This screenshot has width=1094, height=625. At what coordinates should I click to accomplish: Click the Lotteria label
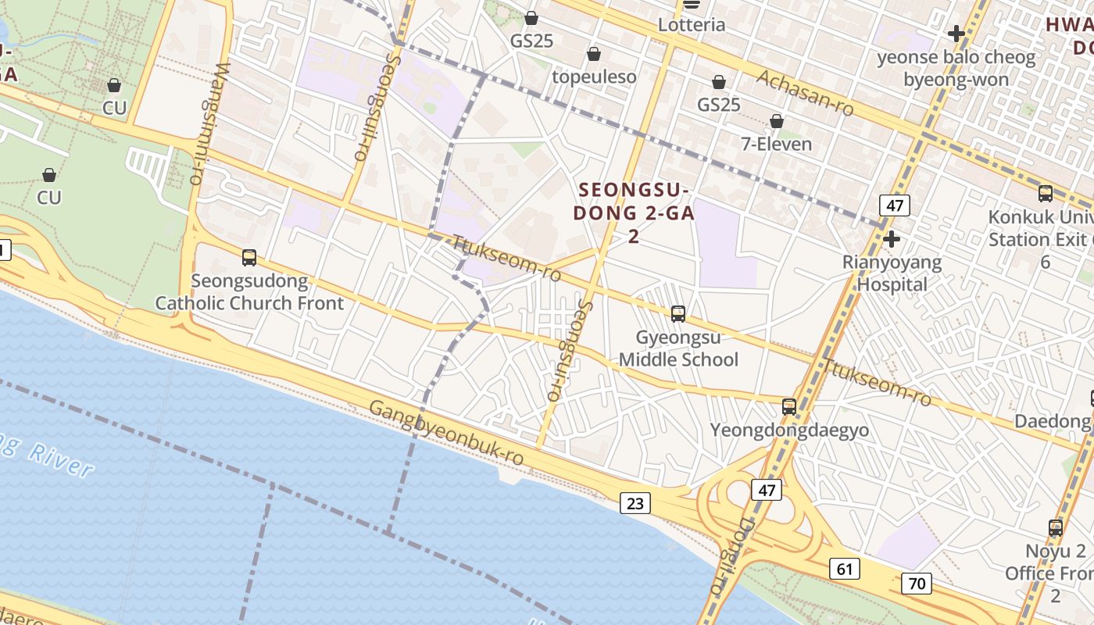692,24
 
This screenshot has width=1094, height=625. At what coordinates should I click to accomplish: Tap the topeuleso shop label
594,77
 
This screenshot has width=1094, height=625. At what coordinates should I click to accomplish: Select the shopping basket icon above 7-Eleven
777,122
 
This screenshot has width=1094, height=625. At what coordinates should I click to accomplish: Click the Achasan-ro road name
805,92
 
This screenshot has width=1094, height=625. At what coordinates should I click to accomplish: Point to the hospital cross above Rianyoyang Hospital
892,238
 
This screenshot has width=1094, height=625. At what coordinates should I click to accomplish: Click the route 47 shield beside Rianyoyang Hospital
894,206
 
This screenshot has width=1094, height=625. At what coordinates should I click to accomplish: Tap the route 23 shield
635,503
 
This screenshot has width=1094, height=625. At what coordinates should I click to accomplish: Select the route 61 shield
845,568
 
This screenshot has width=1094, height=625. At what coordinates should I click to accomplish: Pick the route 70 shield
916,583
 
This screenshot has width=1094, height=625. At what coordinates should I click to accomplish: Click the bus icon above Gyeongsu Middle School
678,314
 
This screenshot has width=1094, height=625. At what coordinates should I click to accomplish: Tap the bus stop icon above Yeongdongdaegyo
789,407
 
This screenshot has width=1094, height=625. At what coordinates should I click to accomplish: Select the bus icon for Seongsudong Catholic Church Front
249,257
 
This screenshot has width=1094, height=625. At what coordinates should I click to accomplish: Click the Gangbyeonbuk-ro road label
445,434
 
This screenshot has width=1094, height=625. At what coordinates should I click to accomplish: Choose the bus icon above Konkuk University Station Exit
1046,194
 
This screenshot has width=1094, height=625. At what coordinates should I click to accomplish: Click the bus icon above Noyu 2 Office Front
1056,528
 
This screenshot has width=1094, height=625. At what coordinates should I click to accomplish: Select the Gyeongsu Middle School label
678,348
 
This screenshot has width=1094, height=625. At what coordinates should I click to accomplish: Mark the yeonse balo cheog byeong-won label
956,68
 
